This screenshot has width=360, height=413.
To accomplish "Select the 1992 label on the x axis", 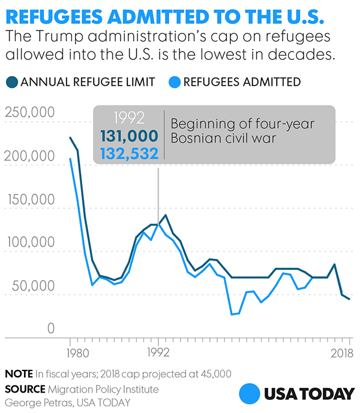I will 158,352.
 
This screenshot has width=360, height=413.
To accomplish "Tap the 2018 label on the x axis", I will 340,352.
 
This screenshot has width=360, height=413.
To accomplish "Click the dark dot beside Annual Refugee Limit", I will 11,82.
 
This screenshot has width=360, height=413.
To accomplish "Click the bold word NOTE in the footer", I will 19,373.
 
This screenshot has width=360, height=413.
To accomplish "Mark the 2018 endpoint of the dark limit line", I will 349,299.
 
